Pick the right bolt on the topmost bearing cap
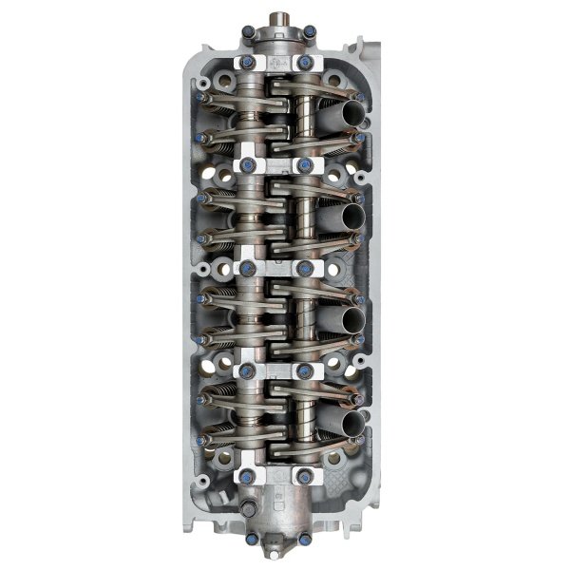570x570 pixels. click(x=306, y=63)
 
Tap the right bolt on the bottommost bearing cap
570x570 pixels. click(x=306, y=475)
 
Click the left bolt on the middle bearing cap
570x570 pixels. click(x=248, y=268)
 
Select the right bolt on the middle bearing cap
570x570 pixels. click(x=306, y=268)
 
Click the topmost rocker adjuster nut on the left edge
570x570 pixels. click(x=202, y=97)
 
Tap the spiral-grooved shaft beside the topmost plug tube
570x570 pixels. click(x=305, y=116)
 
